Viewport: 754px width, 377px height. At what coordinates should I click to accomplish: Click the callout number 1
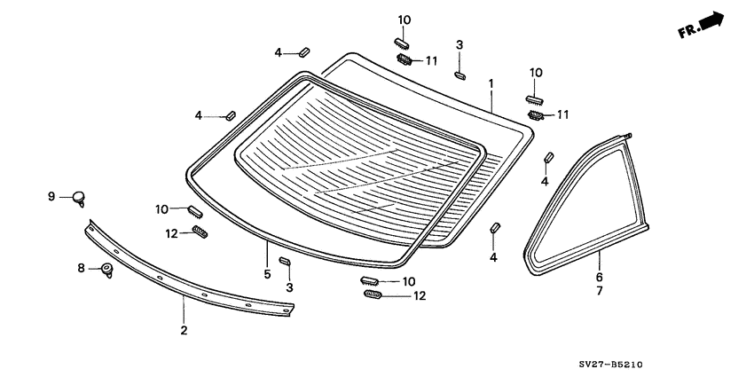tap(491, 83)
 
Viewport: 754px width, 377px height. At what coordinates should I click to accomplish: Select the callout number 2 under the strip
tap(184, 330)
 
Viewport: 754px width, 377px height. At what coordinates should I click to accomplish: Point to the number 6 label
tap(599, 276)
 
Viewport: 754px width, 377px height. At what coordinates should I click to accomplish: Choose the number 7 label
tap(599, 290)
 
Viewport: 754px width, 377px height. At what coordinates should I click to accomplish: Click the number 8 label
tap(81, 268)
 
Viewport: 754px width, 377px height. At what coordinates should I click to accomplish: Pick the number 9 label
tap(51, 196)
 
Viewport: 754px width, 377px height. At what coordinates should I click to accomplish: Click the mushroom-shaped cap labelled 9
tap(80, 197)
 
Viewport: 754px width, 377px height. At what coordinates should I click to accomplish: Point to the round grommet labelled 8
tap(108, 270)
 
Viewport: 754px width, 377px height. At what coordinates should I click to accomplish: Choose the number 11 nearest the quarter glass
tap(562, 115)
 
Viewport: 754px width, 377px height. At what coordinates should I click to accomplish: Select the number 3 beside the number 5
tap(288, 288)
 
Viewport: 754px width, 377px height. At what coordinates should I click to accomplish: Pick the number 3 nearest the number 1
tap(459, 45)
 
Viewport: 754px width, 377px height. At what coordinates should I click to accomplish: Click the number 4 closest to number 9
tap(199, 115)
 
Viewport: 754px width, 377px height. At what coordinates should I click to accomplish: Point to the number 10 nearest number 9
tap(161, 209)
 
